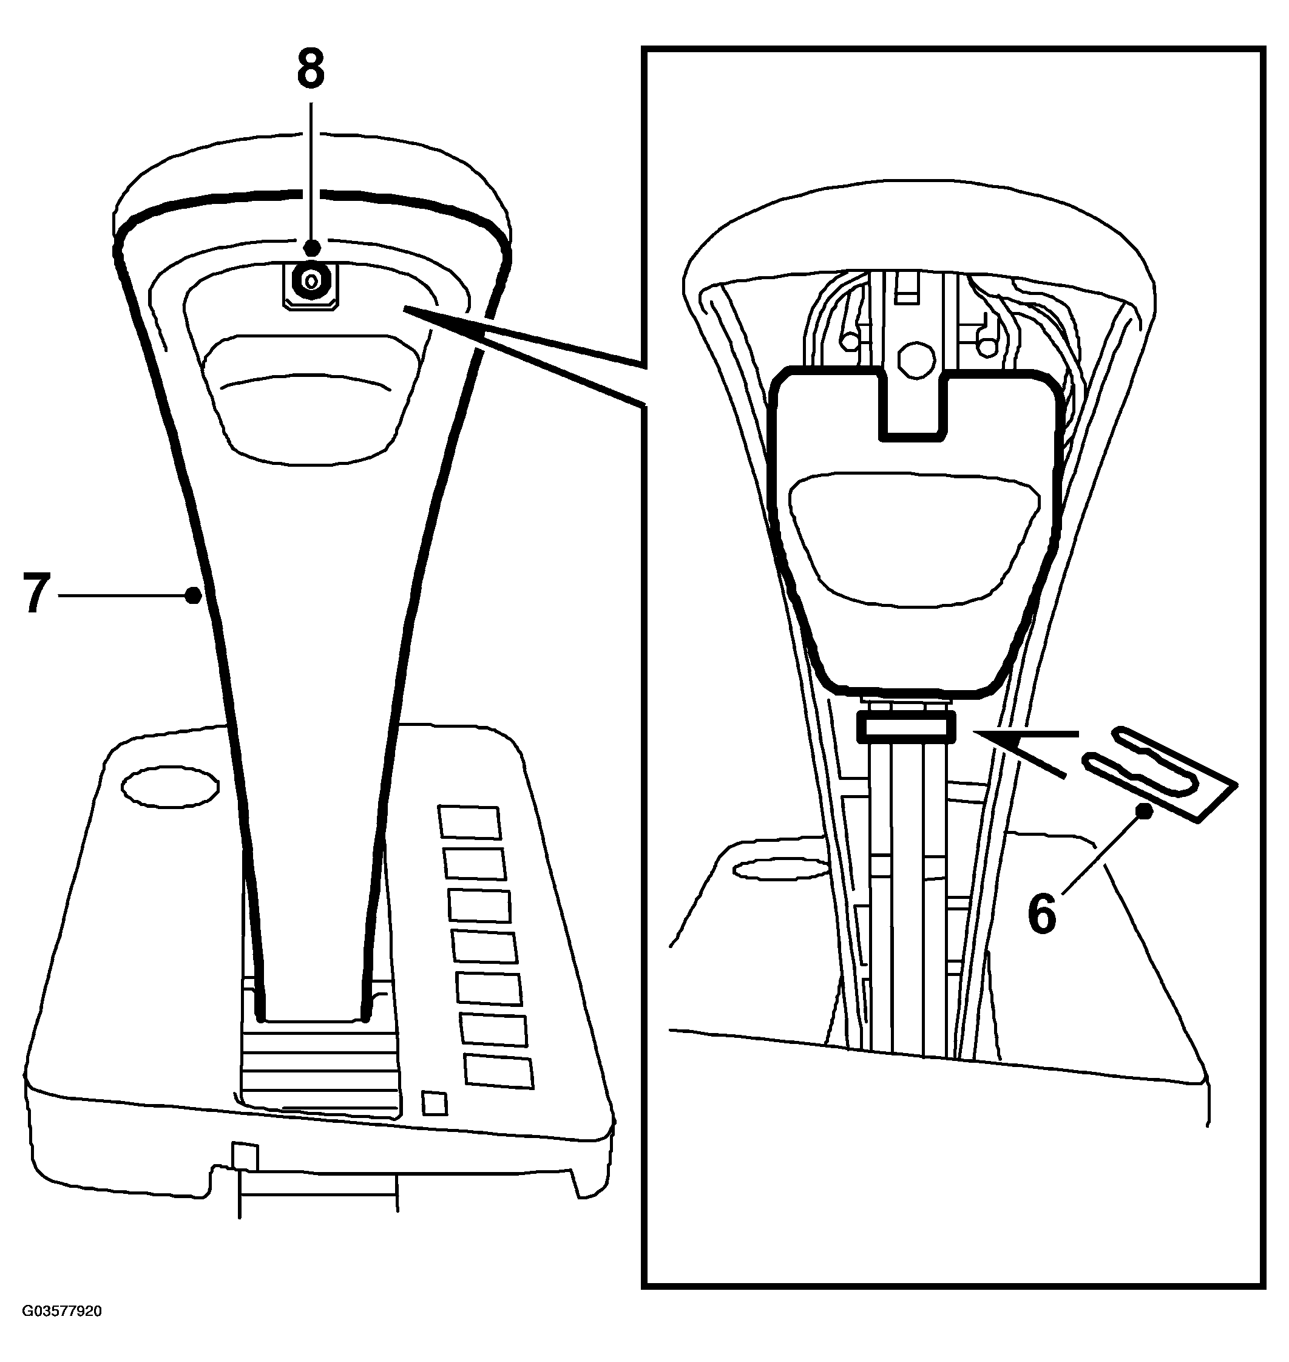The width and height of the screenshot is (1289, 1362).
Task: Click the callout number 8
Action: point(311,69)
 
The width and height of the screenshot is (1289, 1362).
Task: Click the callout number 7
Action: point(38,594)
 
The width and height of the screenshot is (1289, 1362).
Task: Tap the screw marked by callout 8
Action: point(311,280)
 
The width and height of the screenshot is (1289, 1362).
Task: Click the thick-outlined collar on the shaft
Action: point(906,727)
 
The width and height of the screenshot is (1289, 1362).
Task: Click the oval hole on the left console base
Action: point(170,786)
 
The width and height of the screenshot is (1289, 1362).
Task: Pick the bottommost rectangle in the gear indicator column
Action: point(499,1071)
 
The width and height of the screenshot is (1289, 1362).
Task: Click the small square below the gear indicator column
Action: point(435,1103)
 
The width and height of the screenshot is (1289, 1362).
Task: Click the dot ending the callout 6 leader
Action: point(1144,811)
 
